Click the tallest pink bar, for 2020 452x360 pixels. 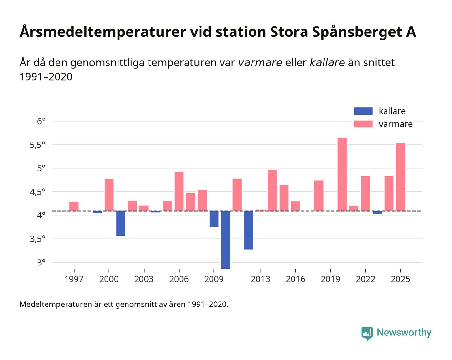pyautogui.click(x=342, y=174)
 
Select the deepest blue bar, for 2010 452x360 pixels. pyautogui.click(x=225, y=240)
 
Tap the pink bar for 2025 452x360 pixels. pyautogui.click(x=400, y=177)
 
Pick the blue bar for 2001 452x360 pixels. pyautogui.click(x=120, y=223)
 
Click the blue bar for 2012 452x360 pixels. pyautogui.click(x=249, y=230)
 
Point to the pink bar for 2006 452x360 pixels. pyautogui.click(x=179, y=191)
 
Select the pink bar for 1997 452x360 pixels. pyautogui.click(x=74, y=206)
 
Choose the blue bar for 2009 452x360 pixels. pyautogui.click(x=214, y=219)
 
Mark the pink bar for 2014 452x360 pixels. pyautogui.click(x=272, y=190)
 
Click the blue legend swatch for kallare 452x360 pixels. pyautogui.click(x=363, y=111)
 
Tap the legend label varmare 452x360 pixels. pyautogui.click(x=395, y=124)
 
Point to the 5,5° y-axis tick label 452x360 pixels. pyautogui.click(x=37, y=145)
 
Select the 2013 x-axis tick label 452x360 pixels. pyautogui.click(x=260, y=279)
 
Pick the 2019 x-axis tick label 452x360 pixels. pyautogui.click(x=330, y=279)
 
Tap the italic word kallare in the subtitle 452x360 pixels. pyautogui.click(x=327, y=63)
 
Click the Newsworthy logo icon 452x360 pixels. pyautogui.click(x=367, y=333)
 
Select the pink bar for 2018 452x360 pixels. pyautogui.click(x=319, y=195)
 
